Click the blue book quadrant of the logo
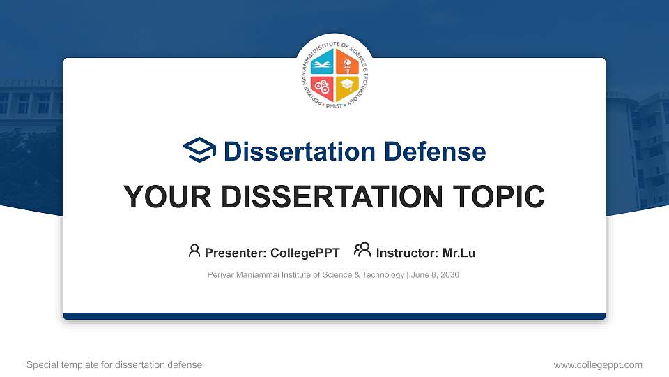[323, 65]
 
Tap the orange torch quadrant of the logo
[346, 65]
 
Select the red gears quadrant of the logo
[323, 87]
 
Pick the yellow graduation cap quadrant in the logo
[346, 87]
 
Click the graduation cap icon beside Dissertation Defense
[199, 150]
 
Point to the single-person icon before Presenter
[194, 251]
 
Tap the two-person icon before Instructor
[362, 250]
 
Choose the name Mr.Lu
[459, 253]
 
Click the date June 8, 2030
[435, 275]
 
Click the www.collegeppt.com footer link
[598, 364]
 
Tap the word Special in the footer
[41, 364]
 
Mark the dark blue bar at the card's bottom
[334, 316]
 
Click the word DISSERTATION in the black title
[325, 198]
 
